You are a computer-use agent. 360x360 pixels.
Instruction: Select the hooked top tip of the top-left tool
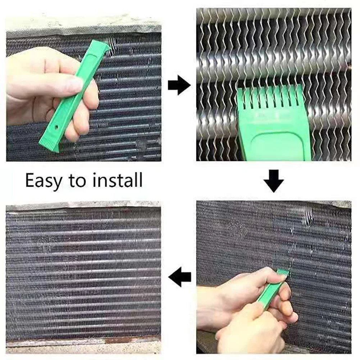point(104,46)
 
